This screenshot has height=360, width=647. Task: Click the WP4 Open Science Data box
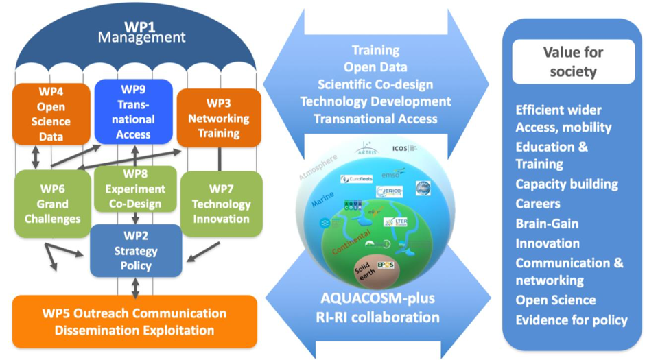click(x=51, y=114)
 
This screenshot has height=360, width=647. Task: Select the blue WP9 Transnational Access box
click(x=133, y=112)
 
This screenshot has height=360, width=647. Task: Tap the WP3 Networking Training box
click(x=219, y=117)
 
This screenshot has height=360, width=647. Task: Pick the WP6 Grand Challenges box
click(x=52, y=204)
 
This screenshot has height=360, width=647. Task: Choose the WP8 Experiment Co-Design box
click(x=135, y=189)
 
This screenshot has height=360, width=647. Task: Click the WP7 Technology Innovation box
click(x=220, y=204)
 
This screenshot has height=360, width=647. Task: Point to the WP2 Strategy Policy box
click(x=136, y=251)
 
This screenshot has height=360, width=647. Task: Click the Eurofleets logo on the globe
click(x=355, y=179)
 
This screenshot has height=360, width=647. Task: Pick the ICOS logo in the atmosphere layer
click(x=404, y=148)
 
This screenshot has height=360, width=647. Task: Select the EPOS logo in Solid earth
click(x=386, y=265)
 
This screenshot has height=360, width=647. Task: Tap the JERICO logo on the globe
click(x=389, y=191)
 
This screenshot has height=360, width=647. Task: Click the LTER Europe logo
click(x=396, y=221)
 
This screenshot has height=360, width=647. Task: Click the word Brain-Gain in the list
click(x=547, y=224)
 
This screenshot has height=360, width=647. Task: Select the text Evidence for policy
click(x=572, y=320)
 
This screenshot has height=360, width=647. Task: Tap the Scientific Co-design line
click(x=375, y=84)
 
